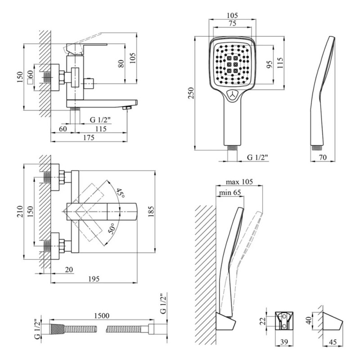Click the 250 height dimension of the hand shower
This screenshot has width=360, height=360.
click(x=190, y=93)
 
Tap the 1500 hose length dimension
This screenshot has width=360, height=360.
click(x=101, y=316)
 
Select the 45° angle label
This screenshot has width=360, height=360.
click(x=120, y=194)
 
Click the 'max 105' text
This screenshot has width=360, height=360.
click(x=239, y=182)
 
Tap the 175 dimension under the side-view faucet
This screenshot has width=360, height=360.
click(x=89, y=138)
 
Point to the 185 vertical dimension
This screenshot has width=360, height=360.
click(x=150, y=211)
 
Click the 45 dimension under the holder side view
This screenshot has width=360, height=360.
click(x=333, y=342)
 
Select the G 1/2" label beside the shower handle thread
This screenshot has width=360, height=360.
click(x=258, y=157)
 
